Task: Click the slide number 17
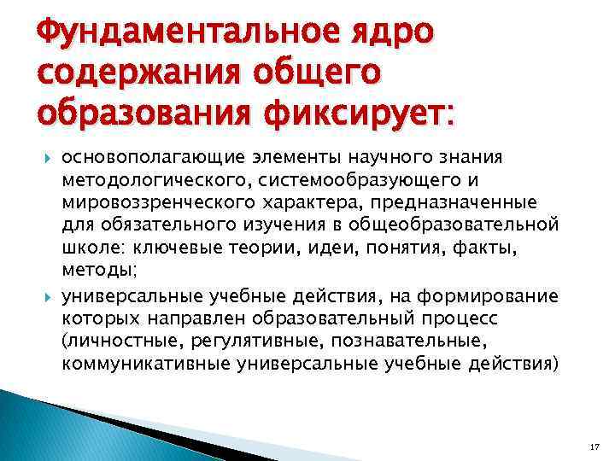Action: coord(594,446)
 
